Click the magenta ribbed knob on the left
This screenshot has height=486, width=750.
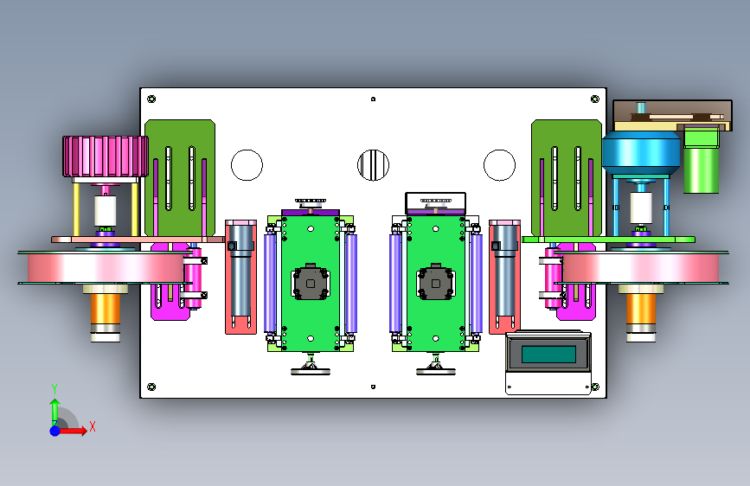tap(106, 156)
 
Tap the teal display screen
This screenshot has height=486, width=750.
tap(548, 355)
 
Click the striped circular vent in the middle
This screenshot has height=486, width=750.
tap(373, 165)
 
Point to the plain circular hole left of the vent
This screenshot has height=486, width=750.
tap(247, 165)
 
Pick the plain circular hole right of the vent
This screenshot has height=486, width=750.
tap(499, 165)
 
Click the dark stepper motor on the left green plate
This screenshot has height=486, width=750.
tap(311, 282)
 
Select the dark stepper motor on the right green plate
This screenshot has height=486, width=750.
tap(436, 282)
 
